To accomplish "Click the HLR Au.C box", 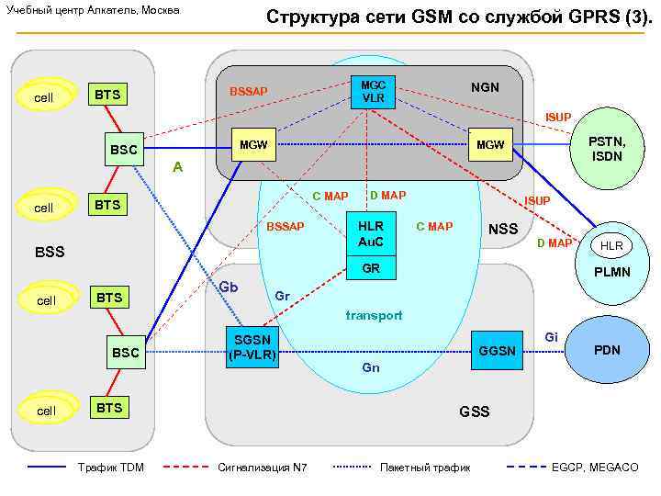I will pyautogui.click(x=371, y=234).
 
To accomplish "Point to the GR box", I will pyautogui.click(x=371, y=269).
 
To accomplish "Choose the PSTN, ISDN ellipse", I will pyautogui.click(x=606, y=149).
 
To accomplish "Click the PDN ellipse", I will pyautogui.click(x=607, y=350).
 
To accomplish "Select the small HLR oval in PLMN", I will pyautogui.click(x=611, y=246).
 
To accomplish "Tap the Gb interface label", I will pyautogui.click(x=229, y=287).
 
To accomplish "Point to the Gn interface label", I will pyautogui.click(x=371, y=367).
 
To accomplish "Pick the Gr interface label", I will pyautogui.click(x=283, y=296).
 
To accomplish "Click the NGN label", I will pyautogui.click(x=485, y=87).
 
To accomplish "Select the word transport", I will pyautogui.click(x=374, y=316).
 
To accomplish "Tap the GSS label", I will pyautogui.click(x=475, y=411).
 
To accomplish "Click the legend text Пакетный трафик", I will pyautogui.click(x=425, y=468).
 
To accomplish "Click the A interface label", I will pyautogui.click(x=178, y=168).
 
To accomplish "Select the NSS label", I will pyautogui.click(x=503, y=230).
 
